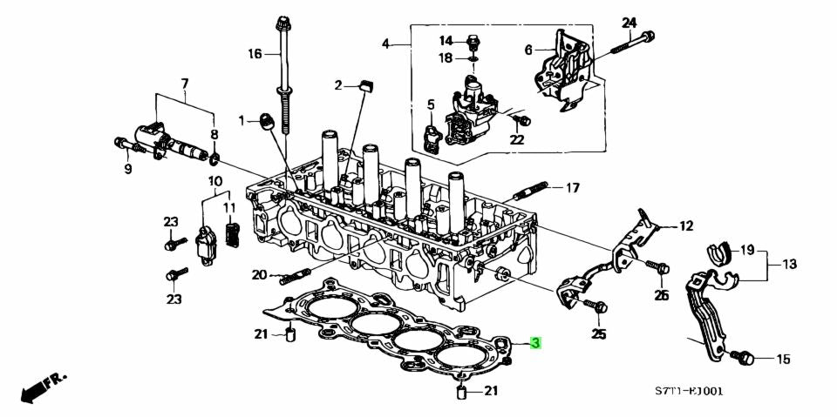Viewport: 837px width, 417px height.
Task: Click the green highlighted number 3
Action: [536, 344]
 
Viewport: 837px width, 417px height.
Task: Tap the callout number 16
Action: [254, 54]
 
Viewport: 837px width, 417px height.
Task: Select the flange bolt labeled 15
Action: [742, 357]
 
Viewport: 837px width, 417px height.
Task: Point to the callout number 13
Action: [789, 264]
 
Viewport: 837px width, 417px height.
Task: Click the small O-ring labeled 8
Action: [214, 158]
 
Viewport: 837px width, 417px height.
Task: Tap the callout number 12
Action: [686, 226]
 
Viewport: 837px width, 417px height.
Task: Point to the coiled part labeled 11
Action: [232, 235]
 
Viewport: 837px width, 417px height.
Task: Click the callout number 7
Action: [184, 84]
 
